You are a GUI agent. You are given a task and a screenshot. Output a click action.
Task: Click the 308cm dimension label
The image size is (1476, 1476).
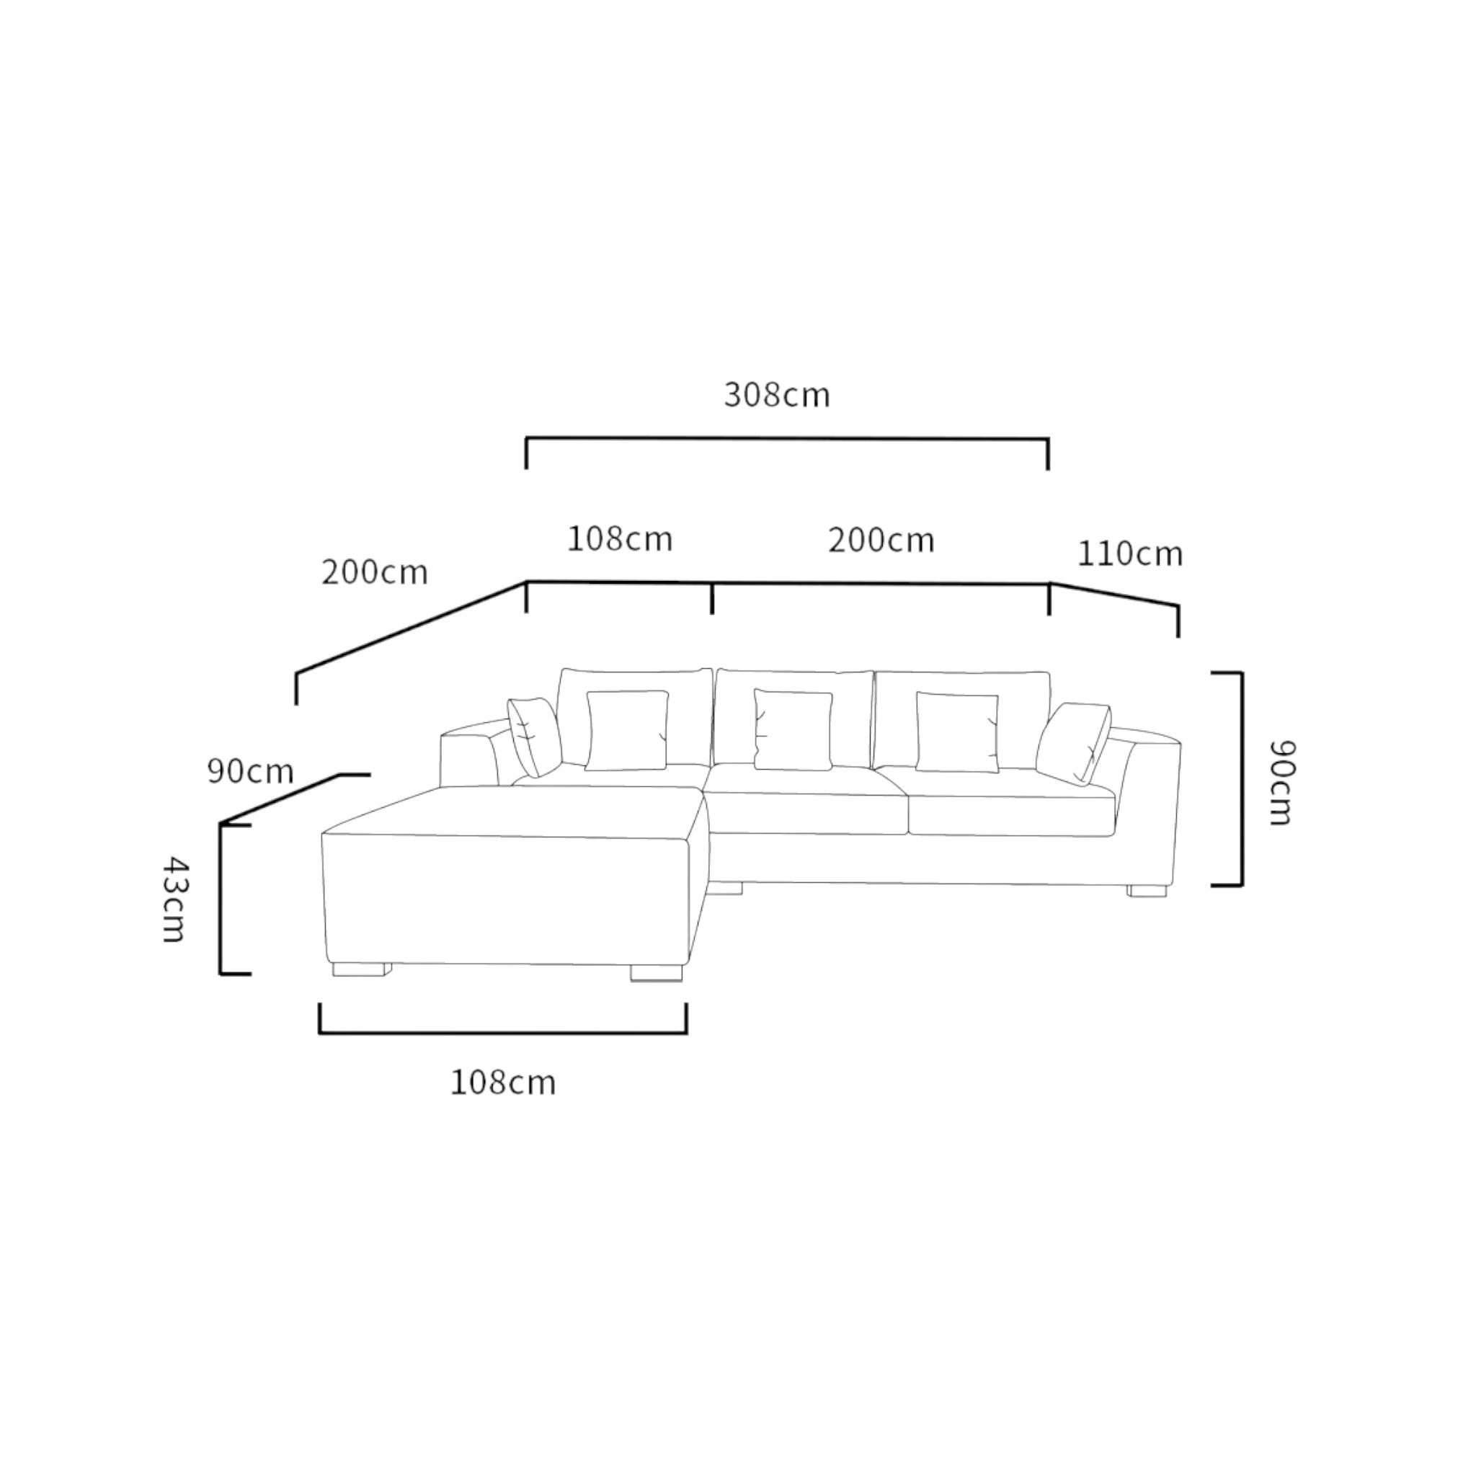(x=776, y=395)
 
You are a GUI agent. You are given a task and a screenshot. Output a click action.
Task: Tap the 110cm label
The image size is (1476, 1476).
(x=1129, y=554)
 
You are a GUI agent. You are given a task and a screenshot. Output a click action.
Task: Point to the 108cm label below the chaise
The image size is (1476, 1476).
(x=503, y=1082)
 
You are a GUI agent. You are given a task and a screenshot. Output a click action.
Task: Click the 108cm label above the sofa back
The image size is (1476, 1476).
(x=620, y=539)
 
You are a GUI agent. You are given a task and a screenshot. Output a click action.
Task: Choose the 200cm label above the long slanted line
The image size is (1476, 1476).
(x=374, y=573)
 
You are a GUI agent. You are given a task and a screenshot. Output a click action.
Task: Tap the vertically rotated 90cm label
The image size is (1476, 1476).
(x=1281, y=782)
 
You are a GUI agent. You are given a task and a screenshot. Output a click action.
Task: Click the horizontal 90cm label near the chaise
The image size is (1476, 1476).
(x=250, y=772)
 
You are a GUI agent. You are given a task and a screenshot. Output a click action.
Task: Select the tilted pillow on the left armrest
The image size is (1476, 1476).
(x=534, y=736)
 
